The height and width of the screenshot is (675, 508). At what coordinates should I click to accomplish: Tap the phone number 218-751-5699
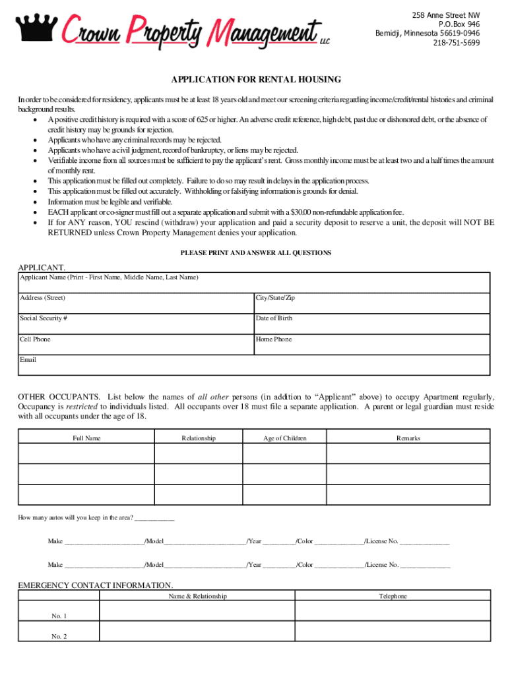(457, 43)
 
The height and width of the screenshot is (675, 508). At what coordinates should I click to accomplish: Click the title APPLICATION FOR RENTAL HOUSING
(256, 80)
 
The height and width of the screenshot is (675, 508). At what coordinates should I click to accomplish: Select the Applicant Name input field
(254, 285)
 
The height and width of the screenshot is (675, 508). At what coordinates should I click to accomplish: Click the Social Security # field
(135, 324)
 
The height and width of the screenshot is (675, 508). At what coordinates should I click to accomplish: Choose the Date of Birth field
(371, 324)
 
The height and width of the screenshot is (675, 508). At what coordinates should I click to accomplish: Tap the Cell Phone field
(135, 345)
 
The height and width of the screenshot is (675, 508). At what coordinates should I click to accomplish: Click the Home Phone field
(371, 345)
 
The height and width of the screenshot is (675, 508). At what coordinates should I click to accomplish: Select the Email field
(254, 366)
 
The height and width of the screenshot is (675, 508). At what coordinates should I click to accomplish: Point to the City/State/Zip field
(371, 304)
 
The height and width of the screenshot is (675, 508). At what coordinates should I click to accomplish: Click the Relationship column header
(199, 438)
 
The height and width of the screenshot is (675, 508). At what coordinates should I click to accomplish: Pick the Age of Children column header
(285, 438)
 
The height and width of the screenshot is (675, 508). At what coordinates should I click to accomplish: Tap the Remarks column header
(408, 438)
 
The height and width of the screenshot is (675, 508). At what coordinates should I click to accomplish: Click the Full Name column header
(86, 438)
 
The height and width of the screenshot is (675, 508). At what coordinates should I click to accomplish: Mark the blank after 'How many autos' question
(154, 518)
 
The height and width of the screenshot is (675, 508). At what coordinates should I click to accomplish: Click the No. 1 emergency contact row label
(59, 616)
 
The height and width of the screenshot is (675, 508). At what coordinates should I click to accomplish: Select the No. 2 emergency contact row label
(59, 637)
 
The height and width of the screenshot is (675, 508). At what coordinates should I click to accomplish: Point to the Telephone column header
(393, 596)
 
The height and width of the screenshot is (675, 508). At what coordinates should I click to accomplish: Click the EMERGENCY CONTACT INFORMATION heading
(96, 585)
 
